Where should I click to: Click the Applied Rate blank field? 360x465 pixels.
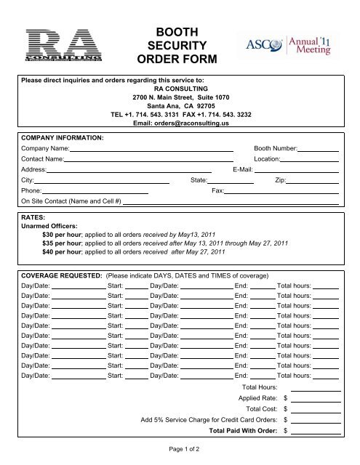(316, 399)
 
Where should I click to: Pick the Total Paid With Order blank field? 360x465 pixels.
(316, 431)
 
